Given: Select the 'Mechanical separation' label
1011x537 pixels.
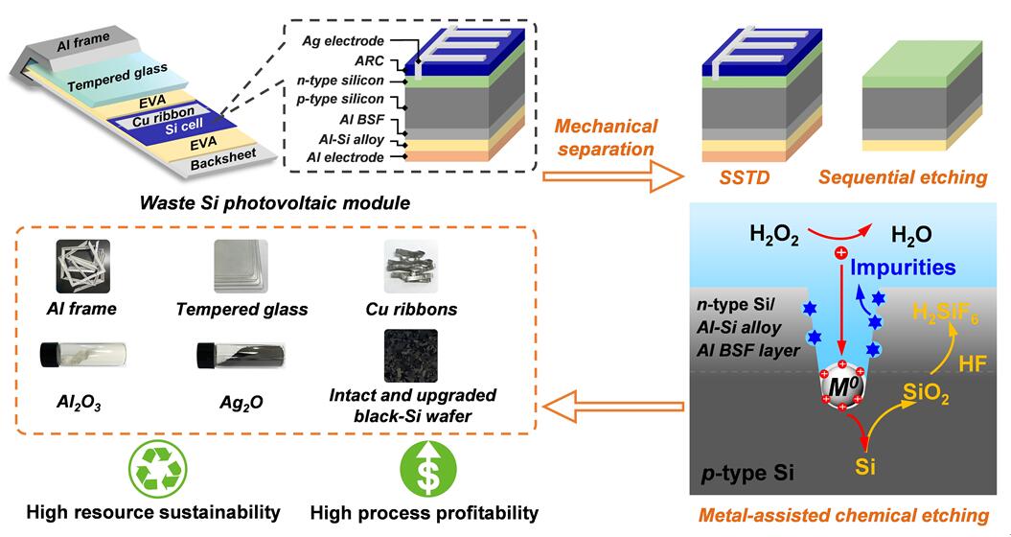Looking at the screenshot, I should click(608, 137).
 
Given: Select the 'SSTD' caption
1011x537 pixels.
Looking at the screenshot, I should click(742, 177).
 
